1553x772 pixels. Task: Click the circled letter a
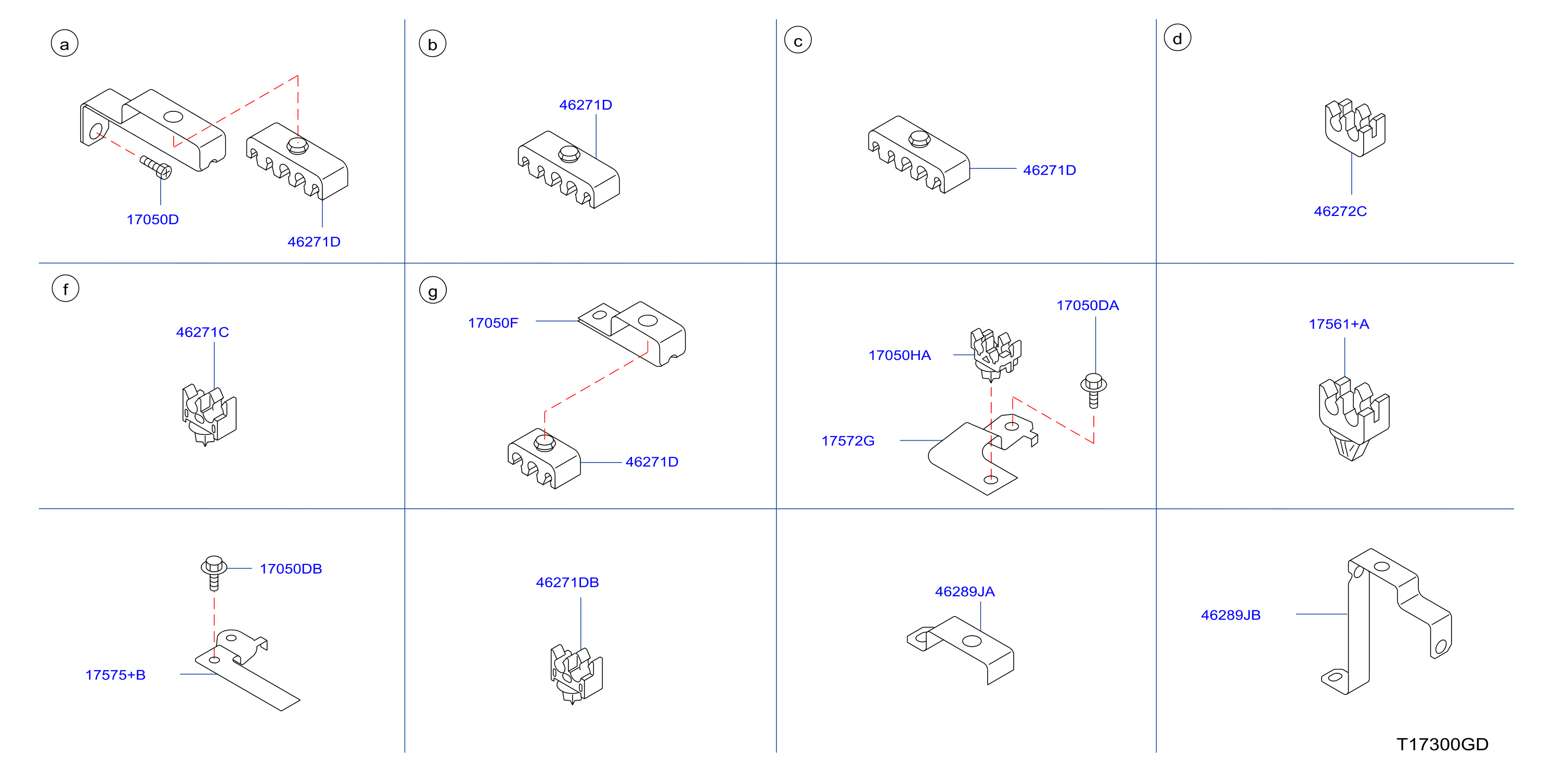click(64, 43)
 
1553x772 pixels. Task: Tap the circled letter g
click(433, 290)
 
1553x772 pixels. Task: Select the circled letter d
click(1177, 38)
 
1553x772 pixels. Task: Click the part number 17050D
click(152, 220)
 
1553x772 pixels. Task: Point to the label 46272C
click(1340, 211)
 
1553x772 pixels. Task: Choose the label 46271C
click(202, 332)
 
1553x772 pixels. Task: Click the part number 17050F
click(493, 323)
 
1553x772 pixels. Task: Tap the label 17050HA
click(899, 355)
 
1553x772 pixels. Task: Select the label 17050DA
click(1088, 305)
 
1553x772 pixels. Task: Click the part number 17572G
click(848, 441)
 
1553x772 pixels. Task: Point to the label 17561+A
click(1339, 324)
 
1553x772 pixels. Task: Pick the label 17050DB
click(291, 569)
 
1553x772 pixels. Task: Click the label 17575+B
click(115, 675)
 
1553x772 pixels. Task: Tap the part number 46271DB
click(567, 583)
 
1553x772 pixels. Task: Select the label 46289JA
click(965, 591)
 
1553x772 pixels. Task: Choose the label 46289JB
click(1231, 615)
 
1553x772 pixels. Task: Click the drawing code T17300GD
click(1443, 744)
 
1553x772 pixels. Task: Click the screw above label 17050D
click(156, 167)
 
